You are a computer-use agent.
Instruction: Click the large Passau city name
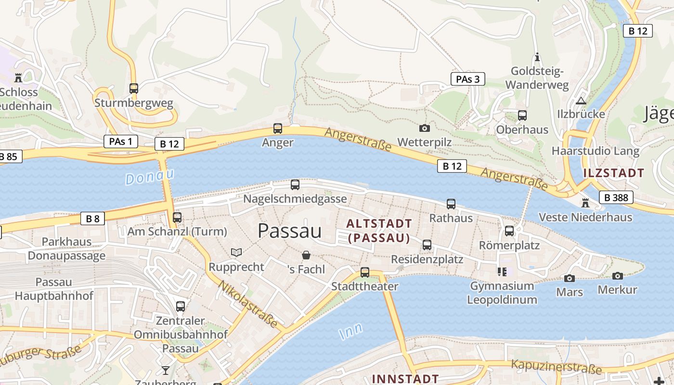(289, 231)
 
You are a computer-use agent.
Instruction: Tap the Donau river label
(149, 177)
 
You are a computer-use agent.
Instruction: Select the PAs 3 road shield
(467, 79)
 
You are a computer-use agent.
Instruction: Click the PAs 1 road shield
(120, 141)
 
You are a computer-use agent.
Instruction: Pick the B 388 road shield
(616, 197)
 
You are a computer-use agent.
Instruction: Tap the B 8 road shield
(92, 218)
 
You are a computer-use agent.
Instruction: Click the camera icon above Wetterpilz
(424, 128)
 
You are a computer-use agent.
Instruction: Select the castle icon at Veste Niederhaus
(585, 203)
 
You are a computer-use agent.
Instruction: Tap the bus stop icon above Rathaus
(451, 204)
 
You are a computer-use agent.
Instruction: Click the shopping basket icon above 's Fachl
(306, 255)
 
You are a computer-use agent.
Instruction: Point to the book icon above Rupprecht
(236, 252)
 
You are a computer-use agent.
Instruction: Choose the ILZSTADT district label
(613, 173)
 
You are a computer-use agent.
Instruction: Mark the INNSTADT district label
(405, 379)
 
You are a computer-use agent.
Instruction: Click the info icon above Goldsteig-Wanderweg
(537, 57)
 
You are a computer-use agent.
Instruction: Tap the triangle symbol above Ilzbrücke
(581, 101)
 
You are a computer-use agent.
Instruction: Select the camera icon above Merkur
(617, 276)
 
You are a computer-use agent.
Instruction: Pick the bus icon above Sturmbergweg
(134, 89)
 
